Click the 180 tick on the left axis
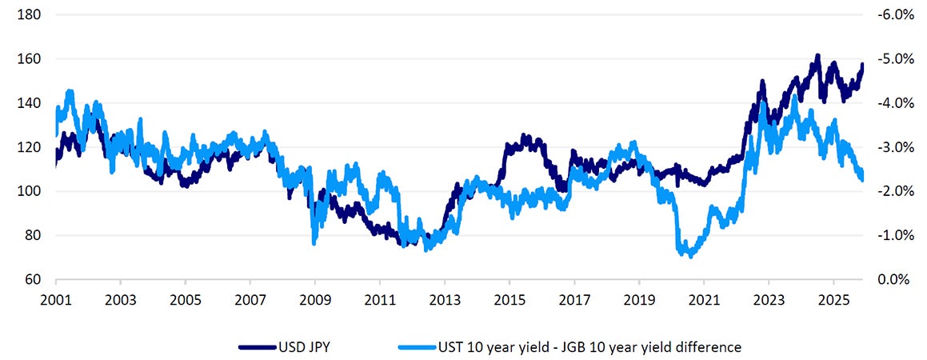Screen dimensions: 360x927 click(30, 15)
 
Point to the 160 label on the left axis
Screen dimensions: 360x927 click(30, 59)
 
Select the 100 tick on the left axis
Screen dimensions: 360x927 click(30, 191)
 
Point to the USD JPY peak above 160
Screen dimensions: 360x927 click(817, 56)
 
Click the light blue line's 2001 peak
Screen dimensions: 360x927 click(70, 91)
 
